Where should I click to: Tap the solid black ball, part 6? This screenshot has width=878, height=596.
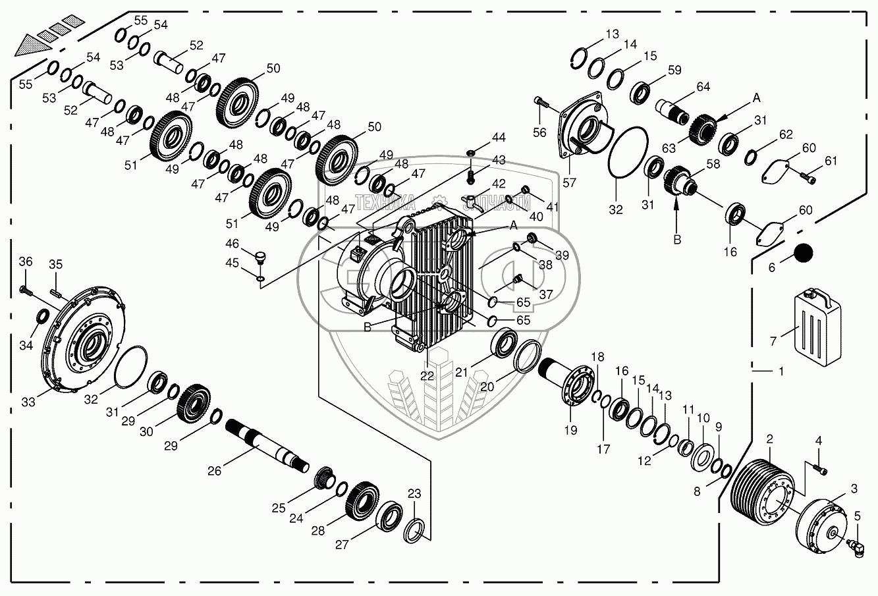(x=803, y=253)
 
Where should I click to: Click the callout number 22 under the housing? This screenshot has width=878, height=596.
(x=427, y=375)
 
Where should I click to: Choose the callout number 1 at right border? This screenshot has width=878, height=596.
(x=781, y=371)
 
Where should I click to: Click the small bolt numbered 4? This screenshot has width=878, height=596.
(x=820, y=469)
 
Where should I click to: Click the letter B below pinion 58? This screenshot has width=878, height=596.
(x=676, y=240)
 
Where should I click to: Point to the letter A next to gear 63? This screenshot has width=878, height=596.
(x=756, y=97)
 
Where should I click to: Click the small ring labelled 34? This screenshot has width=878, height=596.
(x=41, y=316)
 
